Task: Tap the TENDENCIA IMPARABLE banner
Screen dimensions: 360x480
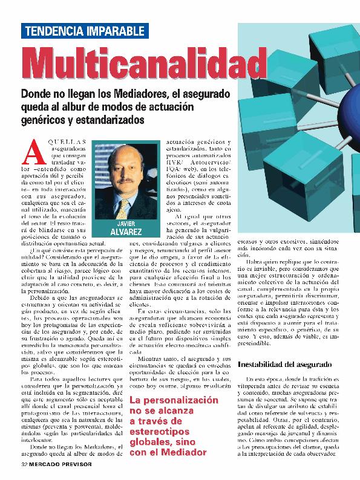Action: click(84, 31)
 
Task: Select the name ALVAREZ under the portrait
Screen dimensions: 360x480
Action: click(125, 233)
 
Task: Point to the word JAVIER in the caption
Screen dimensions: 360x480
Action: click(125, 223)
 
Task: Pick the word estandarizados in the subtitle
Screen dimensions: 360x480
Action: click(110, 120)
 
